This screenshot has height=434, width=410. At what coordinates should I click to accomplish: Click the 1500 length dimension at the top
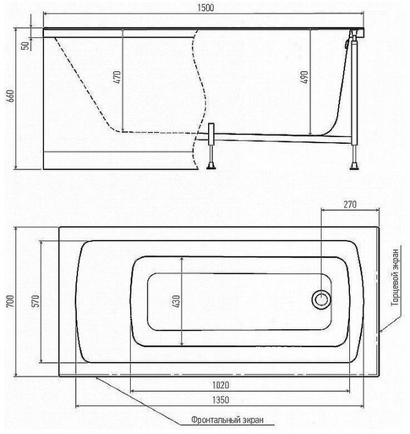click(206, 7)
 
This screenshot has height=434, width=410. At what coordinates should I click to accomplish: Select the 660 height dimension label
click(10, 96)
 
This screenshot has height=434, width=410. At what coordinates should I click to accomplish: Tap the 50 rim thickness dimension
click(25, 45)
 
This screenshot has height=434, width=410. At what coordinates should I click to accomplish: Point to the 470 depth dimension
click(116, 77)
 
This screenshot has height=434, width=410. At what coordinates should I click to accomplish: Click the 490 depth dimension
click(304, 77)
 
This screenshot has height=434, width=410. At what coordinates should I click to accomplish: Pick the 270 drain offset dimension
click(350, 204)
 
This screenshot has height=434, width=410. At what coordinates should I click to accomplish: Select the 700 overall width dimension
click(10, 301)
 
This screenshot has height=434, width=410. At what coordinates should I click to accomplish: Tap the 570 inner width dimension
click(36, 301)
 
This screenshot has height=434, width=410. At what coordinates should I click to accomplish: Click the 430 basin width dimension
click(176, 301)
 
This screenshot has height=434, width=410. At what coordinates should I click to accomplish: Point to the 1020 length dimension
click(220, 385)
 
